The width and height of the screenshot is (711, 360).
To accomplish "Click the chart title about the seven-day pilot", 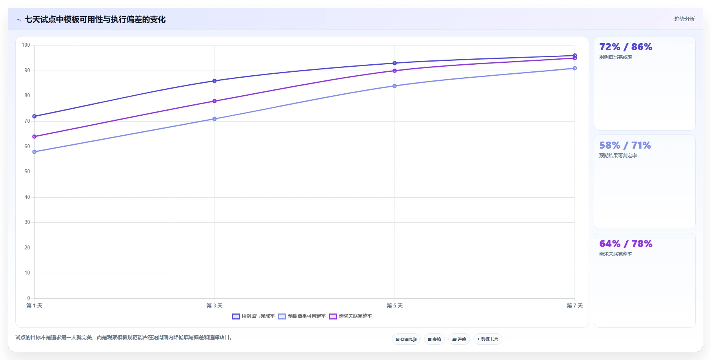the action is click(95, 19).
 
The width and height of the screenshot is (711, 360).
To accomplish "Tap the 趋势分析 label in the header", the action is click(684, 19).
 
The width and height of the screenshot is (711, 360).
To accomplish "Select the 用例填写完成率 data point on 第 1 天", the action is click(35, 116).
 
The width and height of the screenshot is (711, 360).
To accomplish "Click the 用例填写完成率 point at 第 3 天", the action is click(215, 81).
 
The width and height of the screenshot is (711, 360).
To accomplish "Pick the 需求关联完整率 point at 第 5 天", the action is click(395, 71).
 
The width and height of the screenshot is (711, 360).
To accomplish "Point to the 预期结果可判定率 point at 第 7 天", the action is click(575, 68).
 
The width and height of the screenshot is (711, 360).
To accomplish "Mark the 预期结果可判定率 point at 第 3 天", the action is click(215, 119).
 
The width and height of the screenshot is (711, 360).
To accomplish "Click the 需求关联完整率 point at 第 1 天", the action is click(35, 136).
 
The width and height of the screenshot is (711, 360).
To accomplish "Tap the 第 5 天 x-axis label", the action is click(395, 305).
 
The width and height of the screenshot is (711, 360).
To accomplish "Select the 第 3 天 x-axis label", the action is click(215, 305).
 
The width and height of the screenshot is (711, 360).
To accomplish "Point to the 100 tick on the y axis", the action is click(26, 45).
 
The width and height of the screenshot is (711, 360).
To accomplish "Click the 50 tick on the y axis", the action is click(27, 172).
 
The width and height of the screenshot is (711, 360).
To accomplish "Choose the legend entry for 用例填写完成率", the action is click(253, 316).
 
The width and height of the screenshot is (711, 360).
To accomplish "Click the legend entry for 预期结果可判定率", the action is click(302, 316).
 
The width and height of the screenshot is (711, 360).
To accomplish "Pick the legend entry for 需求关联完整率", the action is click(351, 316).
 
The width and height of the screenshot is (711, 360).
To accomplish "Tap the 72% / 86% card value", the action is click(626, 47).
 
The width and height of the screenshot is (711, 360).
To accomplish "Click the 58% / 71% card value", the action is click(625, 145).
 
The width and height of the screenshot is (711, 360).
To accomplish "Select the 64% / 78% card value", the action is click(626, 244).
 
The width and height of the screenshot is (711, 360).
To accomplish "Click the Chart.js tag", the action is click(406, 339).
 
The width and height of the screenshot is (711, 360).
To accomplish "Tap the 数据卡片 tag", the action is click(488, 339).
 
